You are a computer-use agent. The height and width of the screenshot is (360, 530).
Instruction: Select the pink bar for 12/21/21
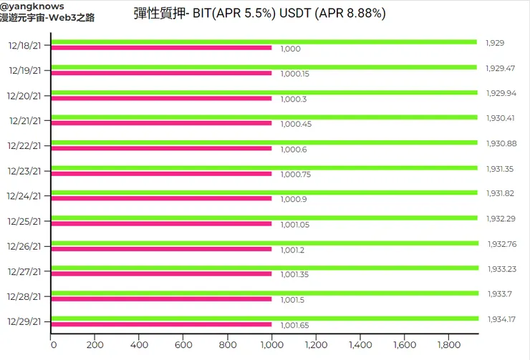161,123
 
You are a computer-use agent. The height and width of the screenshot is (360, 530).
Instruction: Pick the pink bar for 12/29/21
161,324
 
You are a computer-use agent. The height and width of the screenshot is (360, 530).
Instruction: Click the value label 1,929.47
501,68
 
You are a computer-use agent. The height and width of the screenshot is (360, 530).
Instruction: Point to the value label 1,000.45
295,124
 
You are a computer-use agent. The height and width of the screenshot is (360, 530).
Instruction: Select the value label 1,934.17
501,318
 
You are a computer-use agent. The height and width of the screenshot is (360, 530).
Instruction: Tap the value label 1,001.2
292,249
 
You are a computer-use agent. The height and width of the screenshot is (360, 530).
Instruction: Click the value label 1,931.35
501,168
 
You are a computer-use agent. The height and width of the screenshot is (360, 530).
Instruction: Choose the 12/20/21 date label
25,95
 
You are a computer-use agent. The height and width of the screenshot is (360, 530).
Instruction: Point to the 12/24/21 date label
25,195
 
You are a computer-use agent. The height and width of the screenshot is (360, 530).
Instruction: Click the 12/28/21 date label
25,296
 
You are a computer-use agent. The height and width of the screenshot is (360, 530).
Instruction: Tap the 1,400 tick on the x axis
360,345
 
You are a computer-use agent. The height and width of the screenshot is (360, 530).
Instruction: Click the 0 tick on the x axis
53,345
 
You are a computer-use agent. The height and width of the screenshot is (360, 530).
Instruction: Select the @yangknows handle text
32,6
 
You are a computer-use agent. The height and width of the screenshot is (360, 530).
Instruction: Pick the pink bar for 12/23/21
161,173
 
